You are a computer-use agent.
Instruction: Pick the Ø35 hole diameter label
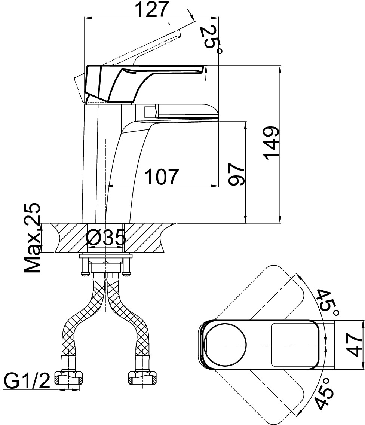(105, 238)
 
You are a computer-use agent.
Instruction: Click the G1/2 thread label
(27, 381)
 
